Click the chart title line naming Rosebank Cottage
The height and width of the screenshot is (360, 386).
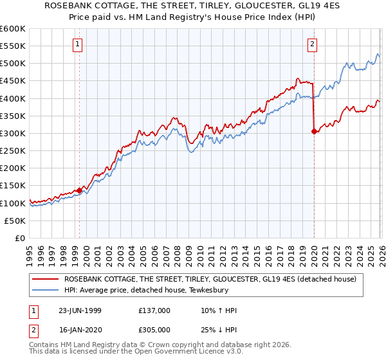click(x=193, y=6)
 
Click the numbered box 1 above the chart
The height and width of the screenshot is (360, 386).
click(x=77, y=44)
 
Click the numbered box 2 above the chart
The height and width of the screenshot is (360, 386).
click(x=311, y=44)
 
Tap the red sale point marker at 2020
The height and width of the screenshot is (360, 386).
click(x=314, y=131)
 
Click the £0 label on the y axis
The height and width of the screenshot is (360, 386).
click(x=20, y=238)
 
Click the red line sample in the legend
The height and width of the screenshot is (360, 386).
click(x=47, y=279)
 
